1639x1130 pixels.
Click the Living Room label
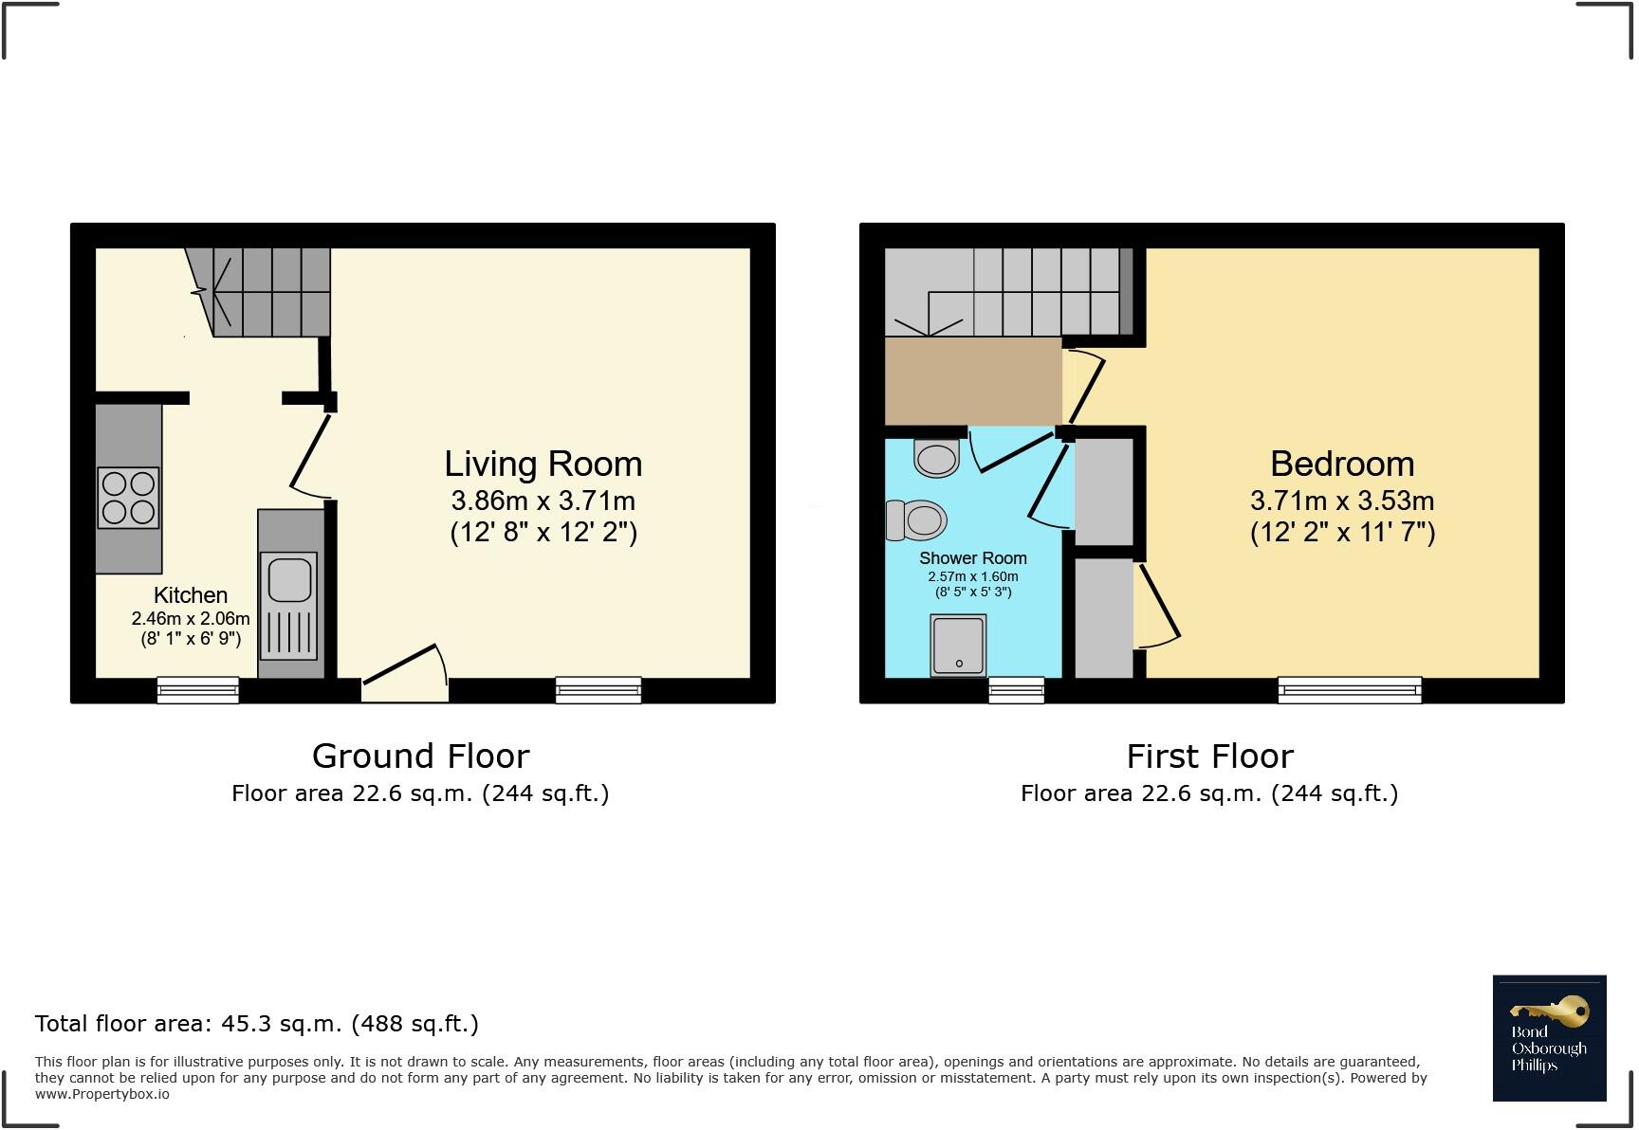(x=543, y=464)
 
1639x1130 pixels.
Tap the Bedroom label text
(x=1342, y=464)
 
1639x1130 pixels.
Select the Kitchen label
(x=191, y=595)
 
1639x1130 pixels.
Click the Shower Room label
(x=972, y=558)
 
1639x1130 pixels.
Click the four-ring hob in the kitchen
(x=128, y=498)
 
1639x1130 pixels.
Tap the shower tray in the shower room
(x=958, y=645)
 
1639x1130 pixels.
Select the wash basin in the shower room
(x=936, y=458)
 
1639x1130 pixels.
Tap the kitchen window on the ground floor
(x=197, y=690)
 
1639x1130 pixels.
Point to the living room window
(x=598, y=690)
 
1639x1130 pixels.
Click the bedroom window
(x=1349, y=690)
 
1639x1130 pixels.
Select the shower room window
(x=1016, y=690)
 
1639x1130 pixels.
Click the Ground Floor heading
(x=420, y=756)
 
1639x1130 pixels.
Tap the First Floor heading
(x=1209, y=756)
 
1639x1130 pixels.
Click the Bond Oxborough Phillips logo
(x=1549, y=1038)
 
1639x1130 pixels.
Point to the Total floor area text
(x=256, y=1024)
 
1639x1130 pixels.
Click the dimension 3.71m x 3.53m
(x=1342, y=501)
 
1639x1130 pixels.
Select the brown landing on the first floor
(x=972, y=381)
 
